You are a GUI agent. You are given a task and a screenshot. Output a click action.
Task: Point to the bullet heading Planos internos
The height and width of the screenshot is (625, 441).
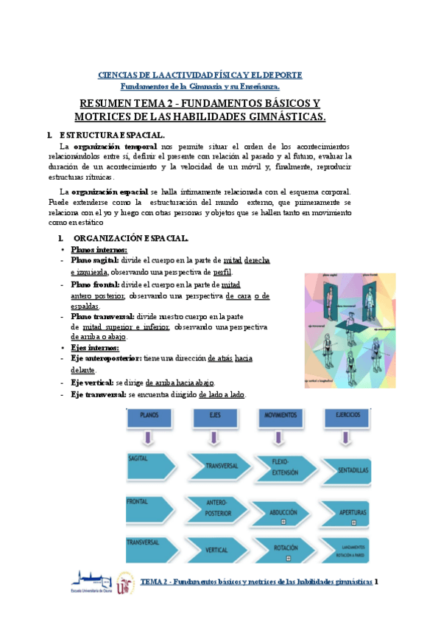coord(98,250)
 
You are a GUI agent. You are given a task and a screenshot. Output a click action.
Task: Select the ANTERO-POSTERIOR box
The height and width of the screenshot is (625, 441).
coord(217,511)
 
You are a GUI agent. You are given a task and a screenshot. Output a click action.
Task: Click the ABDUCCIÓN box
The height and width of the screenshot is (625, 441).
coord(285,511)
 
